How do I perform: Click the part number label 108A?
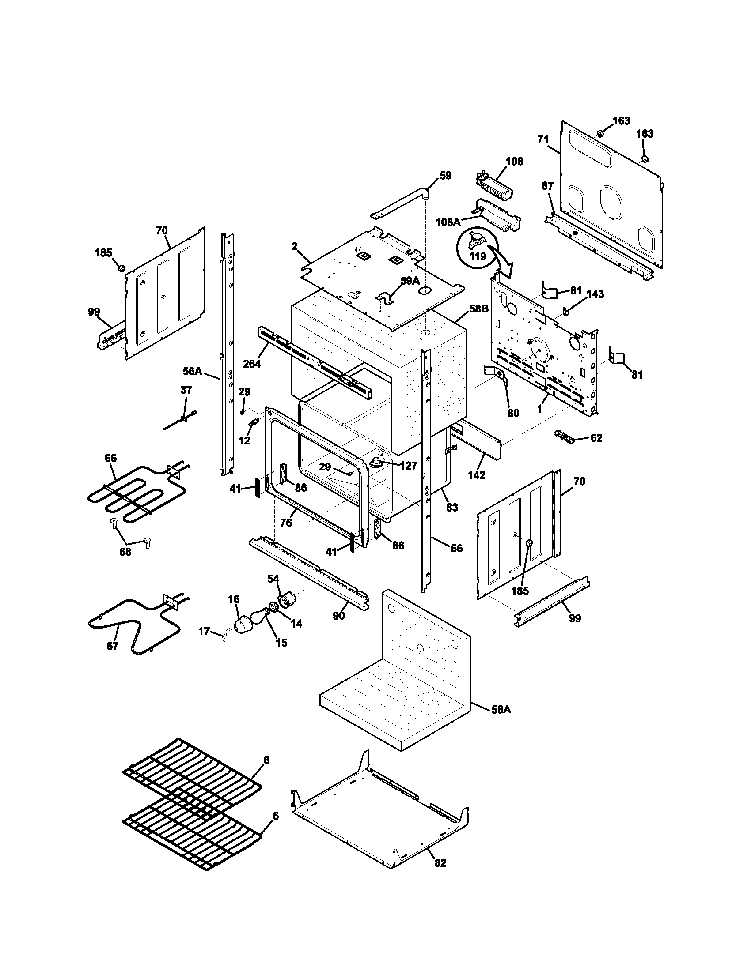tap(448, 222)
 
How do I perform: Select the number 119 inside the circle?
tap(478, 256)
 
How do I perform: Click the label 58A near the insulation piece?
tap(501, 710)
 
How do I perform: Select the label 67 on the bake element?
tap(113, 646)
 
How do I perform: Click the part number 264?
tap(252, 363)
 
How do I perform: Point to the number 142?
tap(477, 475)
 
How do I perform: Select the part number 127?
tap(408, 466)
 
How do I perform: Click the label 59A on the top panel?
tap(410, 281)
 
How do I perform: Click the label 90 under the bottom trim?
tap(338, 616)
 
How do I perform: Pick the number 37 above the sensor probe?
tap(186, 390)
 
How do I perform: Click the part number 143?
tap(595, 294)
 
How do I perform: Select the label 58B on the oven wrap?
tap(479, 309)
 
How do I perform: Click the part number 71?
tap(543, 139)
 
